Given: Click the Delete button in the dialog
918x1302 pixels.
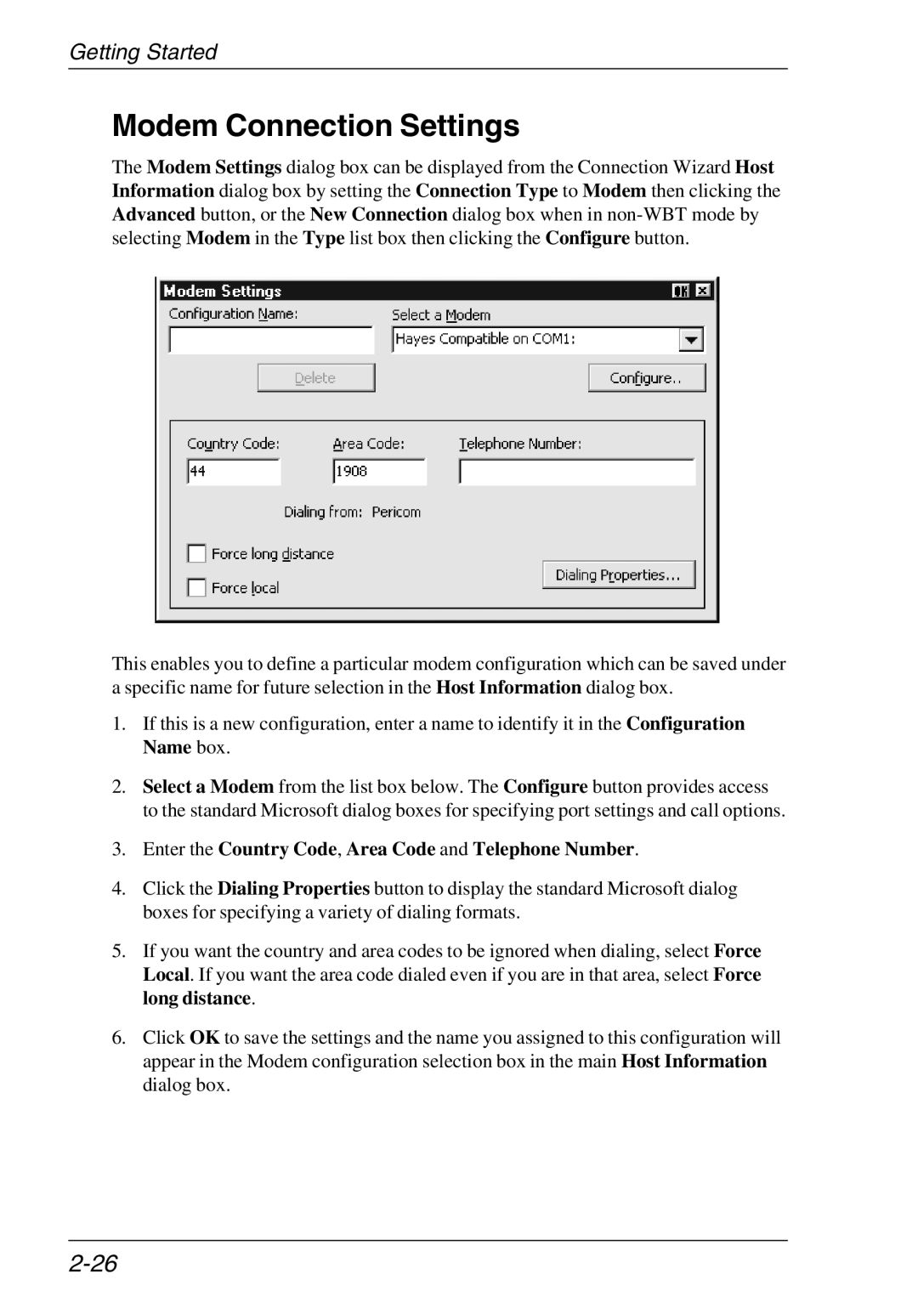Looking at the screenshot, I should pos(315,378).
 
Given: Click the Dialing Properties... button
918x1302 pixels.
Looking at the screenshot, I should pos(618,575).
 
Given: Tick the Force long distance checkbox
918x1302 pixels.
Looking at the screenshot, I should pos(197,554).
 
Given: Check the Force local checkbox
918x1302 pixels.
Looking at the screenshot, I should pos(197,588).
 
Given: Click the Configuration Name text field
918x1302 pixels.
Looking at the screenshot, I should pos(271,340).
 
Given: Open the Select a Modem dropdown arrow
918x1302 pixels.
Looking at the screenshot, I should pos(691,340).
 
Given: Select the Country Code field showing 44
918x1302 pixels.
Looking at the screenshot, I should pos(234,472).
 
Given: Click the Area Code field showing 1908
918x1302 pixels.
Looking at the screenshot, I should pos(379,472).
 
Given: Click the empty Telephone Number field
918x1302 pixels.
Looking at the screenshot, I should pos(576,472).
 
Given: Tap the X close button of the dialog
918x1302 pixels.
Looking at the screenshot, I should pos(702,292).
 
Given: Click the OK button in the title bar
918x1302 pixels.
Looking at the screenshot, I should pos(681,292).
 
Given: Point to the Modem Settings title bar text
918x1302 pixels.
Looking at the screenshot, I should pos(223,292).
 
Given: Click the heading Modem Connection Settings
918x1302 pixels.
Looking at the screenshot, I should pos(315,126).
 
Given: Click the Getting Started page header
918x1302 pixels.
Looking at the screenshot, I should pos(143,52).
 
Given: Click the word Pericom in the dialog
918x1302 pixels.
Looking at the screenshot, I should pos(396,512).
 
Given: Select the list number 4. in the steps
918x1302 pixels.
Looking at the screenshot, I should pos(120,889).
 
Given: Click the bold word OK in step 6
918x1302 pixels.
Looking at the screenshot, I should pos(204,1038).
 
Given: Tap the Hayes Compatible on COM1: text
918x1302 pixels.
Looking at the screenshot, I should pos(485,339).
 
